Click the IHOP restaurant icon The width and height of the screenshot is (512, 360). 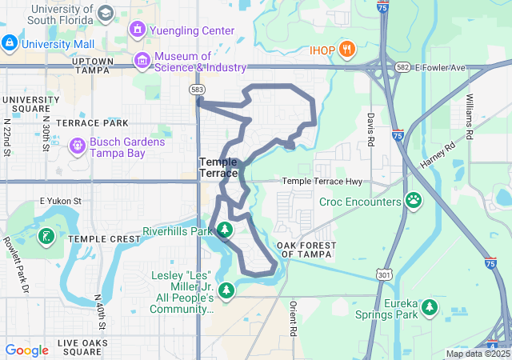[346, 50]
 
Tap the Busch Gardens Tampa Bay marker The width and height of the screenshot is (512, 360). [78, 146]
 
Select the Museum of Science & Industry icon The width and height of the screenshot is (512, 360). [142, 60]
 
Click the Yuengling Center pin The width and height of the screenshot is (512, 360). [137, 30]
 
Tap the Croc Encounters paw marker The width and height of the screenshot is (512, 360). [414, 200]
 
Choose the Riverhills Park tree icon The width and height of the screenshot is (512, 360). [225, 230]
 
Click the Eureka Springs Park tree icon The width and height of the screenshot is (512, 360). [430, 306]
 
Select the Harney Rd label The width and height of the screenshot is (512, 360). [437, 155]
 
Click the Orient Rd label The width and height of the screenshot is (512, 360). [293, 318]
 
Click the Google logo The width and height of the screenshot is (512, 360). [26, 350]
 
